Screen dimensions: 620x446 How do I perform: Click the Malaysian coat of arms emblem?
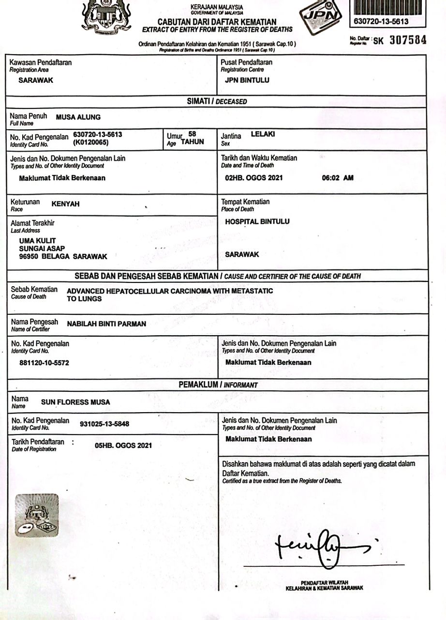(x=106, y=17)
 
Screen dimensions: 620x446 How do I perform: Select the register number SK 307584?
(x=400, y=41)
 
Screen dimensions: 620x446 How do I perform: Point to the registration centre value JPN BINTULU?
(x=247, y=80)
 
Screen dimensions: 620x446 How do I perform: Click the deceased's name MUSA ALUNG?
(x=78, y=117)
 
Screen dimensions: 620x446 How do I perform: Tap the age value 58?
(x=192, y=134)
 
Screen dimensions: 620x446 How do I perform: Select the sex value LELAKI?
(x=263, y=134)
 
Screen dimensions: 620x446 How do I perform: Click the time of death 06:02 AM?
(x=338, y=178)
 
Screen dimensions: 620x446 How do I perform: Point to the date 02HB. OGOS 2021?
(x=254, y=178)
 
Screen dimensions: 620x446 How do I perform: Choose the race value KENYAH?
(x=65, y=204)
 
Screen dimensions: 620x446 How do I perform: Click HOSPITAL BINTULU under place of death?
(x=257, y=221)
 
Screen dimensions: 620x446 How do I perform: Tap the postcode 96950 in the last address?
(x=29, y=256)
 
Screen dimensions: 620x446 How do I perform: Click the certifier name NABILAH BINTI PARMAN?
(x=106, y=324)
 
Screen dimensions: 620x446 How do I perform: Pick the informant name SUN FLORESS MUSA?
(x=75, y=402)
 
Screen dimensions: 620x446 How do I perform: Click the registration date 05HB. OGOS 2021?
(x=123, y=445)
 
